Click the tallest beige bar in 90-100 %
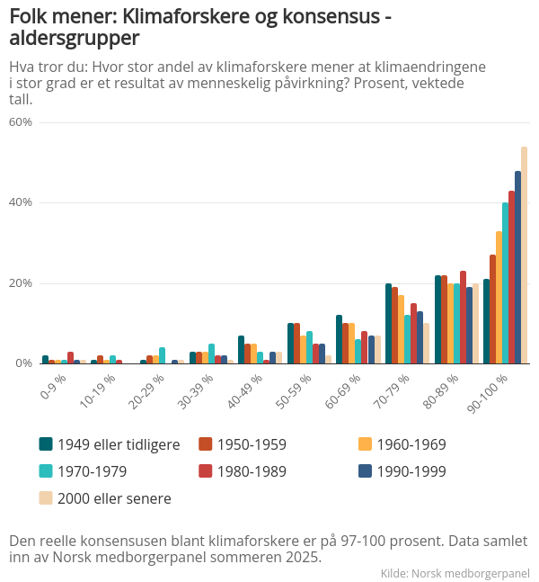(524, 255)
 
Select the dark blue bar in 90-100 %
(517, 267)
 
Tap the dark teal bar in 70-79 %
(388, 323)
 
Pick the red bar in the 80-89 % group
(463, 318)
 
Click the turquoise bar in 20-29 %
(162, 355)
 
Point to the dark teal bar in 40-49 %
(241, 350)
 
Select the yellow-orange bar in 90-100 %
(499, 298)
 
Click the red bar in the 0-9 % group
(70, 357)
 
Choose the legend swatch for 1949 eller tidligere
(46, 444)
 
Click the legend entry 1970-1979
(83, 471)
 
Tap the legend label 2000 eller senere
(114, 498)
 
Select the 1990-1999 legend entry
(402, 471)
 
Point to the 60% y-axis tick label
(21, 122)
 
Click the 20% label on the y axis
(21, 283)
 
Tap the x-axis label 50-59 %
(294, 391)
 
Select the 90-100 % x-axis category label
(487, 393)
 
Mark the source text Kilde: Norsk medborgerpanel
(455, 573)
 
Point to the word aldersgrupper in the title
(75, 39)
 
